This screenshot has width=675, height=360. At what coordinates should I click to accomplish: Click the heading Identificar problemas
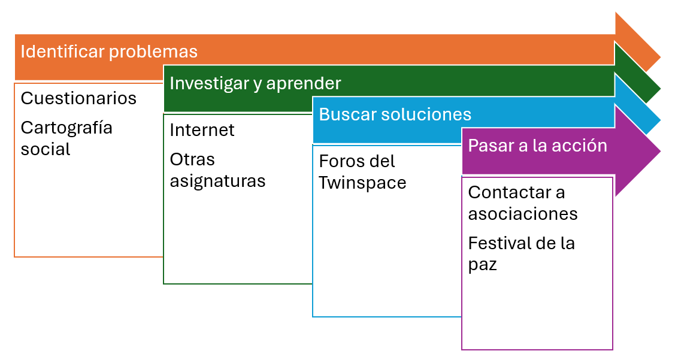pyautogui.click(x=109, y=52)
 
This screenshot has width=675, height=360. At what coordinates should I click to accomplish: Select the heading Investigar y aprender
pyautogui.click(x=255, y=83)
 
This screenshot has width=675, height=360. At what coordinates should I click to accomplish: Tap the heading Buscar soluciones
pyautogui.click(x=395, y=114)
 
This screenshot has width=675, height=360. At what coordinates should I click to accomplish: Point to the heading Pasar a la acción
pyautogui.click(x=538, y=146)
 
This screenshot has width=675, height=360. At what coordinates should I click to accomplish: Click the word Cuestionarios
pyautogui.click(x=78, y=98)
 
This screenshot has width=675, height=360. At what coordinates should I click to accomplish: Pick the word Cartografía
pyautogui.click(x=66, y=128)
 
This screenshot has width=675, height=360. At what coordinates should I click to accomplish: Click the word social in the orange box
pyautogui.click(x=45, y=149)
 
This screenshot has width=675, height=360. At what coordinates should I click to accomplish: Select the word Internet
pyautogui.click(x=202, y=129)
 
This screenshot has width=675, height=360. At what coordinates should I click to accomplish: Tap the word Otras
pyautogui.click(x=192, y=159)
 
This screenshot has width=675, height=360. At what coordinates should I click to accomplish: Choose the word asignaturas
pyautogui.click(x=217, y=181)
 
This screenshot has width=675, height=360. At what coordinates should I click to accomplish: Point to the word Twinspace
pyautogui.click(x=362, y=183)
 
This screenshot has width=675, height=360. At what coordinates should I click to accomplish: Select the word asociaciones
pyautogui.click(x=523, y=214)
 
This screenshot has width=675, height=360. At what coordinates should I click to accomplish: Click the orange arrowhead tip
pyautogui.click(x=661, y=58)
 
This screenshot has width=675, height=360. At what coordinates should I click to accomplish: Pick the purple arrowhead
pyautogui.click(x=637, y=151)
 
